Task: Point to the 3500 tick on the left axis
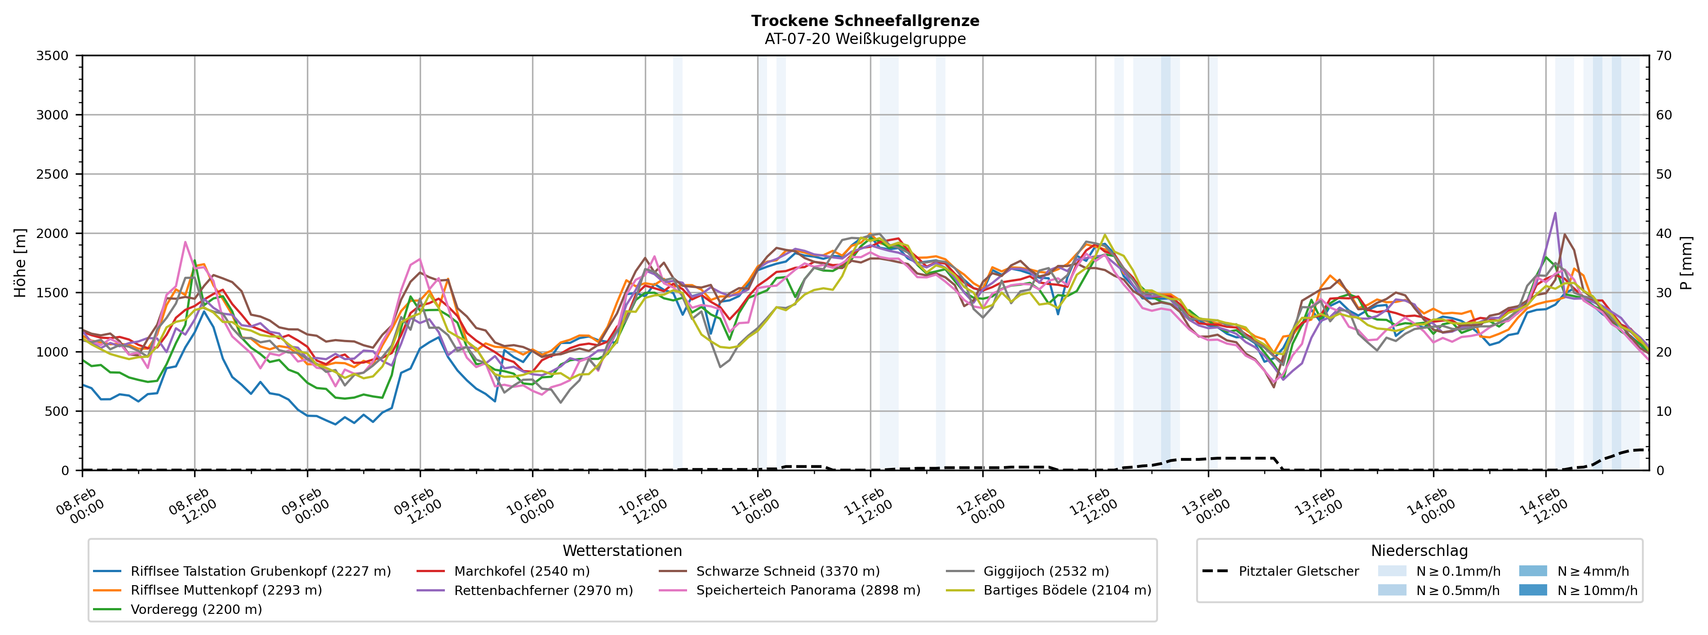pyautogui.click(x=53, y=56)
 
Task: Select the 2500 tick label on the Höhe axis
pyautogui.click(x=53, y=174)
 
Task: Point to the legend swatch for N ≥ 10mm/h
pyautogui.click(x=1532, y=591)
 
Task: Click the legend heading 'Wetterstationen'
pyautogui.click(x=622, y=551)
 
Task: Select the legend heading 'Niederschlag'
pyautogui.click(x=1419, y=551)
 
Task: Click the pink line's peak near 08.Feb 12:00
pyautogui.click(x=185, y=242)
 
